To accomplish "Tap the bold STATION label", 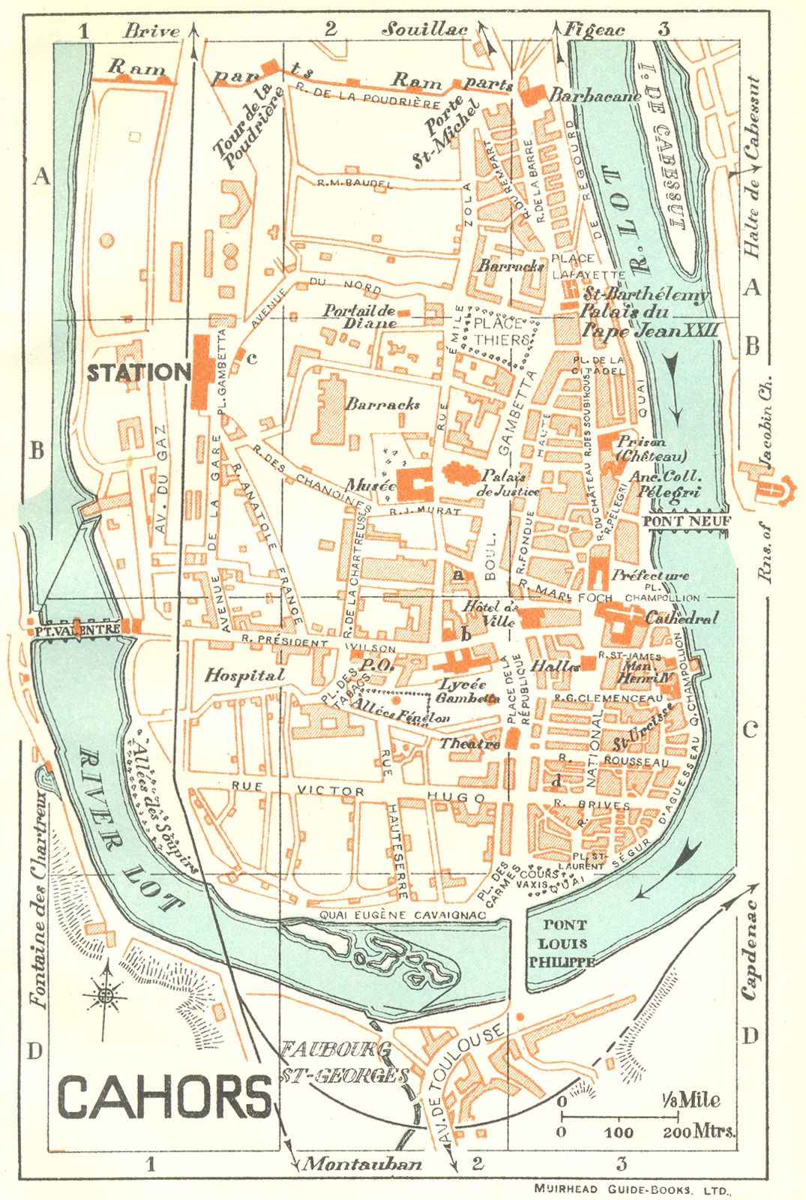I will [139, 373].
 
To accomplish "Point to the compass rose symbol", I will [106, 995].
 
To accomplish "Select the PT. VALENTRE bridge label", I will [76, 631].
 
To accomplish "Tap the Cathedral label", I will [682, 618].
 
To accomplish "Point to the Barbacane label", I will [595, 96].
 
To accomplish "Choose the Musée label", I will [370, 485].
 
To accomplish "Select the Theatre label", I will [469, 743].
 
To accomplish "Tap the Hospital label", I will [245, 675].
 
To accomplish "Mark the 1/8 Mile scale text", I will [691, 1100].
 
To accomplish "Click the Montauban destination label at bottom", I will [361, 1164].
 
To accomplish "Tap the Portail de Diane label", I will [360, 317].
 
